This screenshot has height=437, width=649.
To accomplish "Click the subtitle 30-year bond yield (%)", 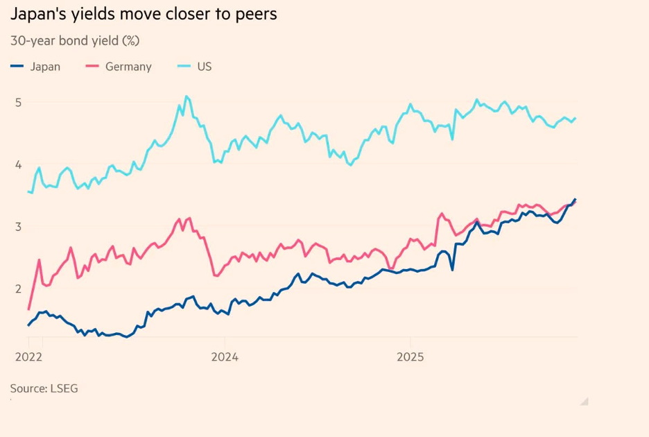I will click(x=75, y=40).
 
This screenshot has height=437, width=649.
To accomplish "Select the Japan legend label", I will click(x=45, y=67).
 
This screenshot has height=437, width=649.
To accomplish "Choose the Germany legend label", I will click(x=128, y=67).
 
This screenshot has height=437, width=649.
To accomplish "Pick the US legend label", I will click(x=204, y=67).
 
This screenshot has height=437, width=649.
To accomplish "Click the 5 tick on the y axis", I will click(x=19, y=103).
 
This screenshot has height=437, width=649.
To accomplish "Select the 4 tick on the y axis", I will click(x=19, y=164).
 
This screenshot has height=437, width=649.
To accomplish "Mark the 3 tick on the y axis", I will click(x=19, y=226).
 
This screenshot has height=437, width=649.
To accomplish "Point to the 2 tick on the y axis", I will click(x=19, y=289).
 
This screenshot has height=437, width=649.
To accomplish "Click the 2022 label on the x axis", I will click(x=28, y=357).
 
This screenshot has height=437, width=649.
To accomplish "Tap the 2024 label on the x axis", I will click(x=224, y=357).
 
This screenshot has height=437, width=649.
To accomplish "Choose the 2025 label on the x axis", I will click(x=410, y=357).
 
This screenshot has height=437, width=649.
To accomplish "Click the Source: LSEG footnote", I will click(x=44, y=388).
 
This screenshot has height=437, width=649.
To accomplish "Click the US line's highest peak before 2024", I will click(x=186, y=96).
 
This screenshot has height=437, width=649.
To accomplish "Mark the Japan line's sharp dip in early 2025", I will click(x=452, y=270).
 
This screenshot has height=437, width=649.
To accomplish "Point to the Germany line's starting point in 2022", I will click(x=28, y=309).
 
